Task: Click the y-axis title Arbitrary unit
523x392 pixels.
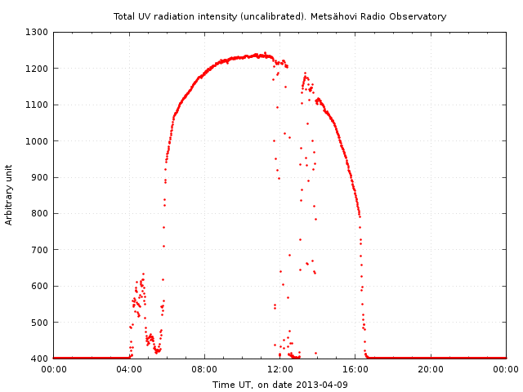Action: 9,195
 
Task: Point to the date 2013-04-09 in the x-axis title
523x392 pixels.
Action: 322,385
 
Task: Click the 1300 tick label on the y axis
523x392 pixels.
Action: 37,33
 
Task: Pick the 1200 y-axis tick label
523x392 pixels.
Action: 37,69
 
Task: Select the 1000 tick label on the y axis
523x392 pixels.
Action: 37,141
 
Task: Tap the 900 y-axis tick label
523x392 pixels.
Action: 40,178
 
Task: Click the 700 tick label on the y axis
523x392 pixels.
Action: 40,250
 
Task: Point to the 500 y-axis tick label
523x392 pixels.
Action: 40,323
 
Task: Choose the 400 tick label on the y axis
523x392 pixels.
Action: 40,359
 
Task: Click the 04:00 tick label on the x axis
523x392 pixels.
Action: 129,370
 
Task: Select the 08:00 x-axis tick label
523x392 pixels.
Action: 204,370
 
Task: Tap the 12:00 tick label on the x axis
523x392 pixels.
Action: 280,370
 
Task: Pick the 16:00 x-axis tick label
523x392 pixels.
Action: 355,370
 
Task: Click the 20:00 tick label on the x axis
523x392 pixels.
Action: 431,370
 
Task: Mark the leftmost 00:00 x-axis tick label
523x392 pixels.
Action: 54,370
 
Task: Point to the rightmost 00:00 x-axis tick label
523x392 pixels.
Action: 506,370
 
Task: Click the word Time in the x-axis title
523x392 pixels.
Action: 222,385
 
